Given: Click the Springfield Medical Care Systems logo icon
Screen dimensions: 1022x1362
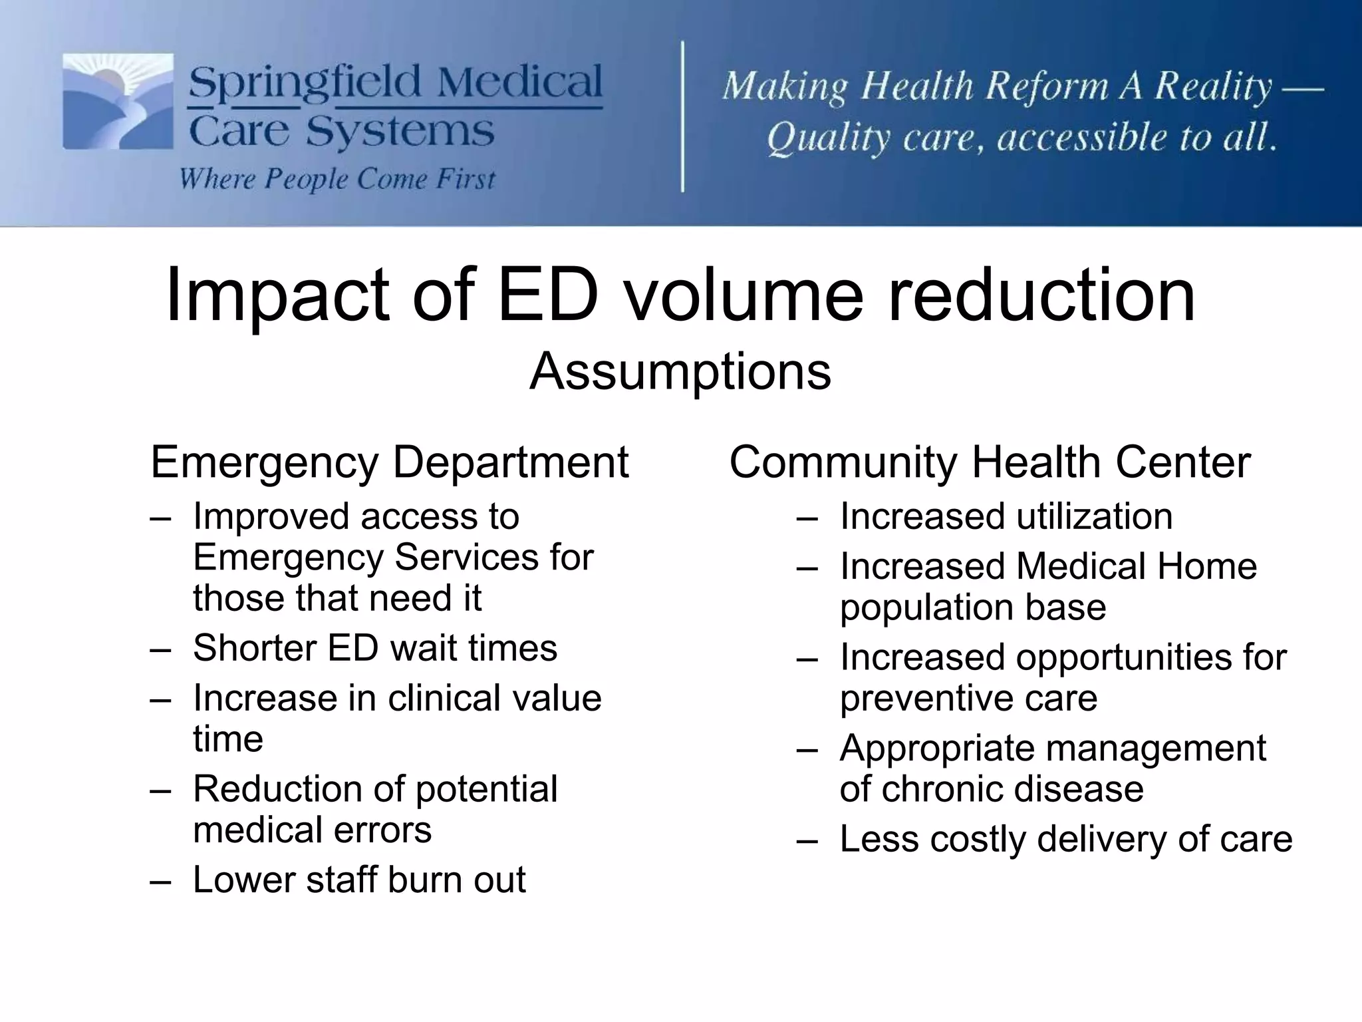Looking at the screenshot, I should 118,102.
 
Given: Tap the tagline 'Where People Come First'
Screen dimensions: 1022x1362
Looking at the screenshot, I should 337,179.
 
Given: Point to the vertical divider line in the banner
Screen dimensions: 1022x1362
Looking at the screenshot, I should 683,116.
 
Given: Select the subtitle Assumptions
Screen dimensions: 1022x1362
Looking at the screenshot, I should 680,371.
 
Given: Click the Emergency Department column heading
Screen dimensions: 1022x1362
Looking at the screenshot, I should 389,462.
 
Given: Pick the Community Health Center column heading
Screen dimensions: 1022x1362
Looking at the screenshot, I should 990,462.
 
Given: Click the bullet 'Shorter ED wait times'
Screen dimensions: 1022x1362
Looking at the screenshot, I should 374,648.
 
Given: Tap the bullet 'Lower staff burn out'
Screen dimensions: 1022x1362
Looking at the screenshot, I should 359,880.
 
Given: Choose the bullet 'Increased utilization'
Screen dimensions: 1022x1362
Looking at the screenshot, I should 1006,517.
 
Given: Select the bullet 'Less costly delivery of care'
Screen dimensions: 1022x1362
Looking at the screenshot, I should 1065,839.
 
